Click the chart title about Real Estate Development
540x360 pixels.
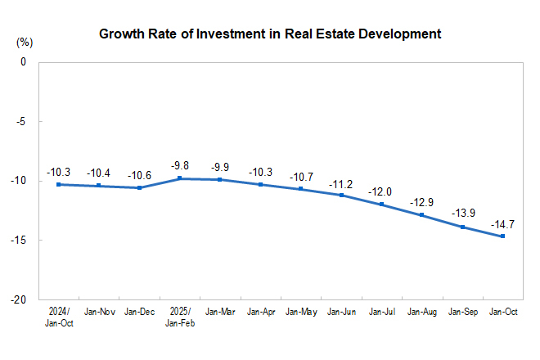(270, 34)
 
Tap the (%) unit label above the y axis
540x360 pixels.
(24, 41)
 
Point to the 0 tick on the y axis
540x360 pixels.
(23, 62)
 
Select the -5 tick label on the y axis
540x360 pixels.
(21, 121)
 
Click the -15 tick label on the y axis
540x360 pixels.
(20, 241)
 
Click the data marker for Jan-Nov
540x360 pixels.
(99, 186)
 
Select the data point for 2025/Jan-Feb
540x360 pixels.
(179, 178)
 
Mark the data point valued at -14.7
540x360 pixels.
(502, 236)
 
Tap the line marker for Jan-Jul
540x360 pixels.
(381, 205)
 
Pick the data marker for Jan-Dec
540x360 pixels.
(139, 188)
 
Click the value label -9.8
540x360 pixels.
(180, 164)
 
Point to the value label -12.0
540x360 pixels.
(381, 191)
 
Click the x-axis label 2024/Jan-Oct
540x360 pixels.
(59, 317)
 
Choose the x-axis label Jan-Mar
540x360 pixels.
(220, 312)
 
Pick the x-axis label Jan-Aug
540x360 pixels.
(422, 312)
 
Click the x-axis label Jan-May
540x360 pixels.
(301, 312)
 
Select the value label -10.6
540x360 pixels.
(140, 174)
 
